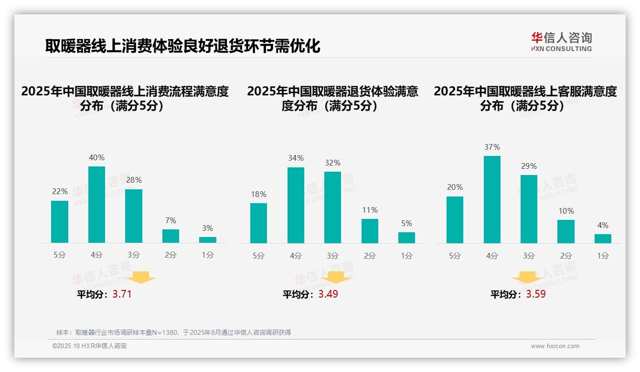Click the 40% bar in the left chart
tap(96, 205)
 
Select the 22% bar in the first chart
tap(60, 222)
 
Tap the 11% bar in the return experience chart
tap(370, 231)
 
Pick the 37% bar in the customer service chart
tap(492, 199)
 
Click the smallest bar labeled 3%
tap(208, 240)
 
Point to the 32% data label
tap(332, 163)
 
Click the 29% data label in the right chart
tap(529, 166)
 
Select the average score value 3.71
tap(122, 294)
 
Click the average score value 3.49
tap(328, 294)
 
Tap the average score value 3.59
tap(536, 294)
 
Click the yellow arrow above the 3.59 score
tap(527, 278)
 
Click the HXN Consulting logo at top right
tap(561, 42)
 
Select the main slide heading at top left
tap(182, 46)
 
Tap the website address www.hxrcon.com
tap(555, 346)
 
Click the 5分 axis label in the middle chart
tap(258, 256)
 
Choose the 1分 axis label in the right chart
tap(603, 256)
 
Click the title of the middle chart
tap(332, 98)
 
